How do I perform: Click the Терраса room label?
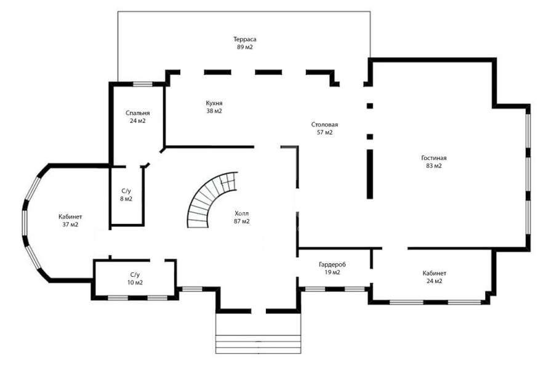244,39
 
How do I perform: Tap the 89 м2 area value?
245,47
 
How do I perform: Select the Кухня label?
214,103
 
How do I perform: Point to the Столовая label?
324,125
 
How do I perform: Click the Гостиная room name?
434,158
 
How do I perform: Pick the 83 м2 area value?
434,165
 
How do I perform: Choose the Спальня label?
137,113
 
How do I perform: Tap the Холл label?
242,213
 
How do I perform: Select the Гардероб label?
332,264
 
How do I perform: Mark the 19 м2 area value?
332,272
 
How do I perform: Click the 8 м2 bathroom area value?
126,199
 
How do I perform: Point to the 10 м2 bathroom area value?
135,282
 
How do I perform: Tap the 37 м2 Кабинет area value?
70,224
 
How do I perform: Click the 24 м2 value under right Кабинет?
434,281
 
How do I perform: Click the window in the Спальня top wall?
142,84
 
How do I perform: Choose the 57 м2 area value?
324,132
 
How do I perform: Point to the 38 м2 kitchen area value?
214,111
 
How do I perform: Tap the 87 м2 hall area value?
242,221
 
